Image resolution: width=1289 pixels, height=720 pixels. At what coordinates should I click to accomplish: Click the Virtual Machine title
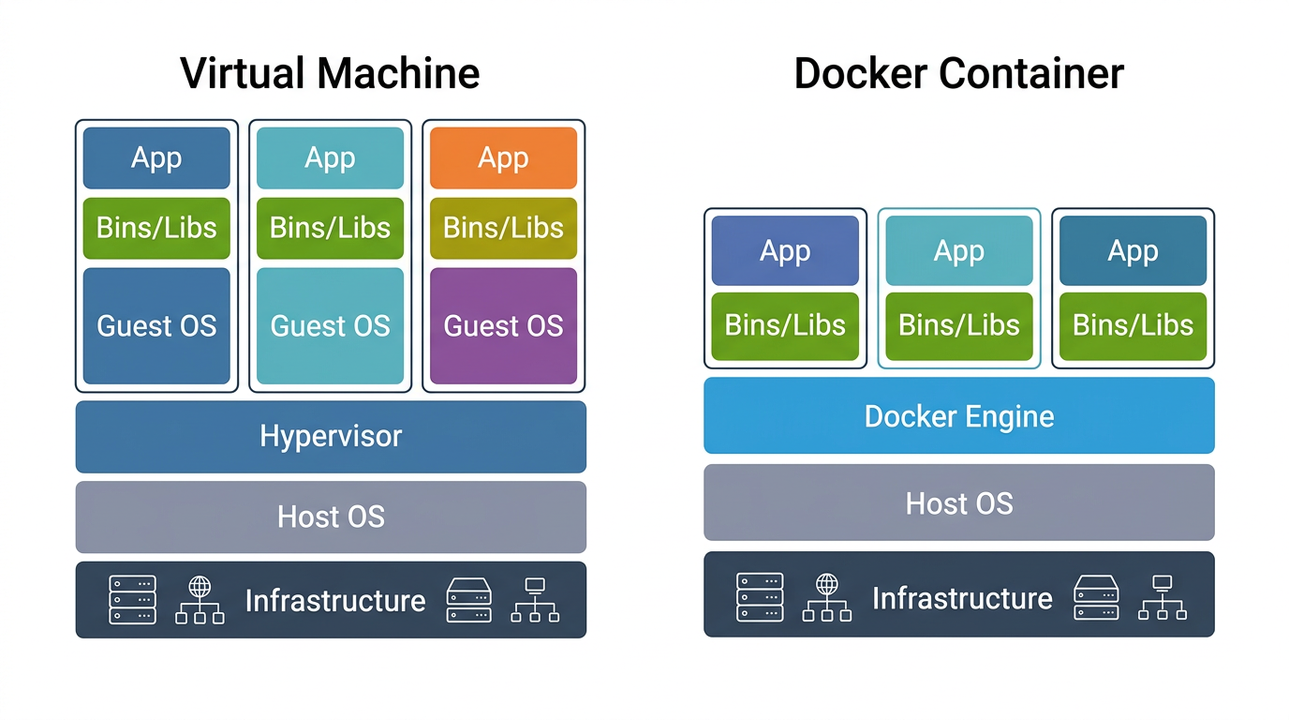tap(330, 73)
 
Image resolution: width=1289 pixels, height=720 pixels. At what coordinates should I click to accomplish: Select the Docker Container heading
tap(958, 73)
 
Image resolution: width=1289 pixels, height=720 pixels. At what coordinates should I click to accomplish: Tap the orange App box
tap(503, 157)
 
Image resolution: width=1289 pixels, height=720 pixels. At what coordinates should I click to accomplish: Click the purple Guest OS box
tap(503, 325)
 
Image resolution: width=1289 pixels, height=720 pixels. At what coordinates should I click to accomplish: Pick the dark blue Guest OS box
tap(156, 325)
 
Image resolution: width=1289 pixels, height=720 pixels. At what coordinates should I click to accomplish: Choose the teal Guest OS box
tap(330, 325)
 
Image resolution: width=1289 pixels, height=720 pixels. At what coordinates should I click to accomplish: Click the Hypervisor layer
tap(331, 436)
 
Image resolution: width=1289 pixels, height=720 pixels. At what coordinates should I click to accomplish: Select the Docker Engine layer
tap(958, 415)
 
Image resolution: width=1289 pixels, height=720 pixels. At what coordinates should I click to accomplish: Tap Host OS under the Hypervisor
tap(331, 517)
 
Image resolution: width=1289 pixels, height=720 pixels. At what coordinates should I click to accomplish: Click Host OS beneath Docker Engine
tap(958, 502)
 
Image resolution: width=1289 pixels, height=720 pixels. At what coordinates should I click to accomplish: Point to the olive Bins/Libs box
tap(503, 228)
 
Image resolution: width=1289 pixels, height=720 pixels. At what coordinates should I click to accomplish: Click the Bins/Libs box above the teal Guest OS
tap(330, 228)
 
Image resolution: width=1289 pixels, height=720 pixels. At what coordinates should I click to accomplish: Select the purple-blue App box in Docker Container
tap(785, 250)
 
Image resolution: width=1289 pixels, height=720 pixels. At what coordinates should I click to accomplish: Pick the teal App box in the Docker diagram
tap(958, 250)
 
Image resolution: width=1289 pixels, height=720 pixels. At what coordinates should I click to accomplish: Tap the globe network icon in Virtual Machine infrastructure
tap(200, 600)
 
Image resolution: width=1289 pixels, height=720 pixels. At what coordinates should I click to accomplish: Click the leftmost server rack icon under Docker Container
tap(760, 597)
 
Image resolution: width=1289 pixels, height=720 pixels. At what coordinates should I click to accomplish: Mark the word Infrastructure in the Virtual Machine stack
tap(334, 600)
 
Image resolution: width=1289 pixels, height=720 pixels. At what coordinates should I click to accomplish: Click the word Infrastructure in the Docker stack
tap(962, 597)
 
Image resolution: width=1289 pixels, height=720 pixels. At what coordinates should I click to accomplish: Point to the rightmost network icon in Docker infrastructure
tap(1162, 597)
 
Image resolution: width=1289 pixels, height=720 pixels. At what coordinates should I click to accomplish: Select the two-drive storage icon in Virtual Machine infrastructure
tap(469, 600)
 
